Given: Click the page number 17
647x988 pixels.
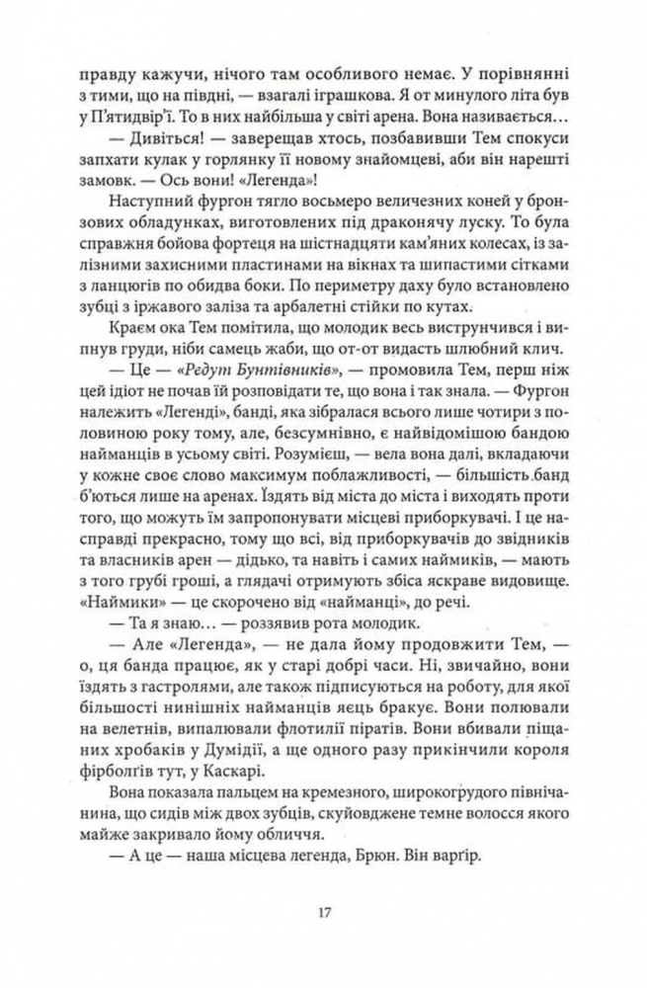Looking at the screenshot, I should click(x=323, y=910).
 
